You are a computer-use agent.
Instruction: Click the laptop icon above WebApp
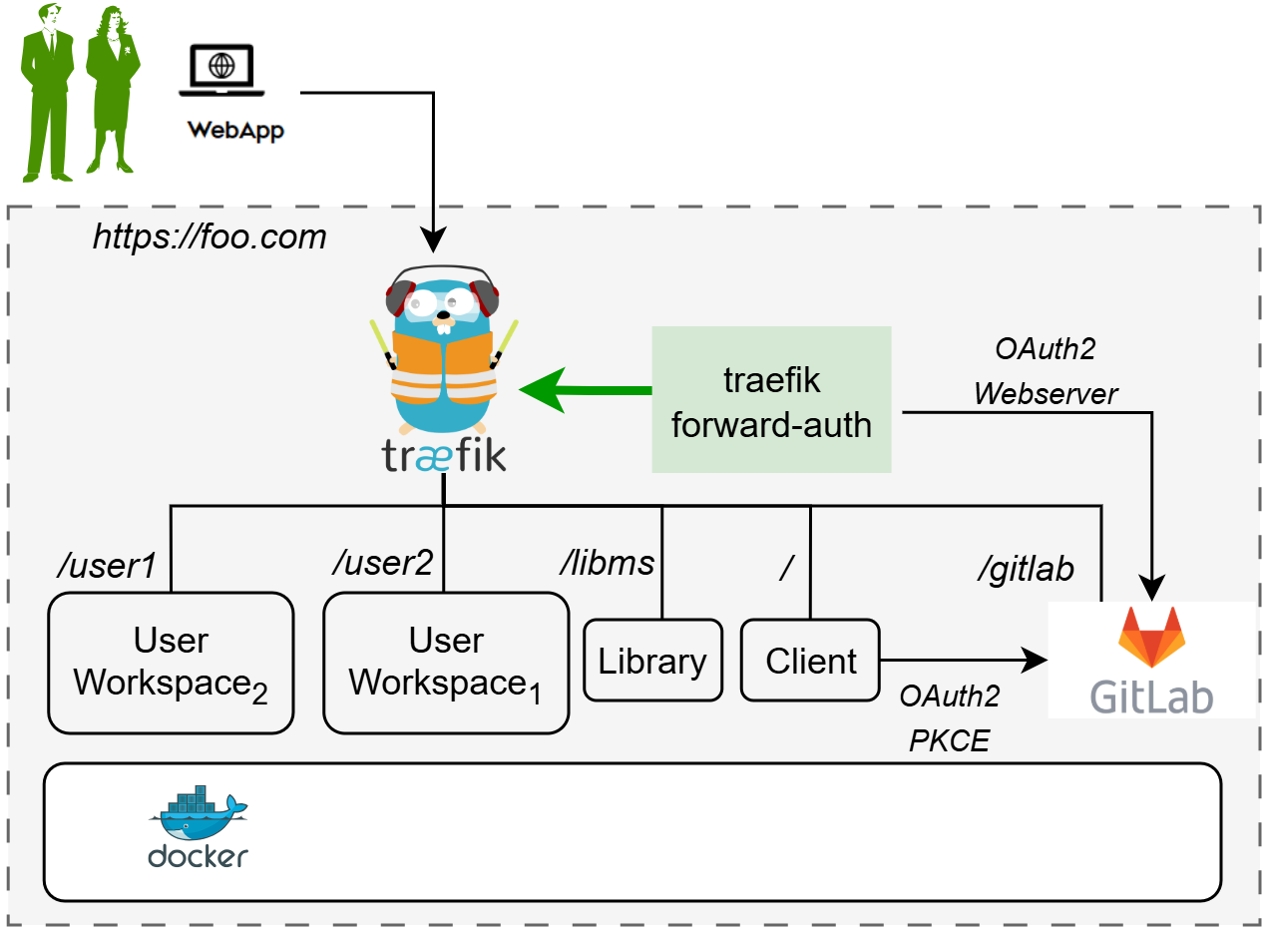click(221, 72)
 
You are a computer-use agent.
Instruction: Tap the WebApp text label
click(235, 130)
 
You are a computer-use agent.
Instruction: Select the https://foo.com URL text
click(210, 236)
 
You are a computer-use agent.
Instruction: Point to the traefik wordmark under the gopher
click(444, 455)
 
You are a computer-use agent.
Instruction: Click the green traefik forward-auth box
click(771, 399)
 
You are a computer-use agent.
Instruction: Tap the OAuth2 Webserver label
click(1046, 371)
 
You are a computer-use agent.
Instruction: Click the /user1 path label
click(107, 566)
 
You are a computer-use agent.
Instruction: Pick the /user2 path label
click(382, 563)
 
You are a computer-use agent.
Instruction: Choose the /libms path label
click(607, 563)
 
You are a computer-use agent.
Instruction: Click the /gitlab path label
click(1025, 568)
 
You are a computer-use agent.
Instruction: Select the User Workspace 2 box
click(171, 663)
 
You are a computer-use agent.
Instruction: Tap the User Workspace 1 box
click(446, 663)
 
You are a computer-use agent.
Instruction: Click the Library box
click(652, 661)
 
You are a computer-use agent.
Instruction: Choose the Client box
click(810, 661)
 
